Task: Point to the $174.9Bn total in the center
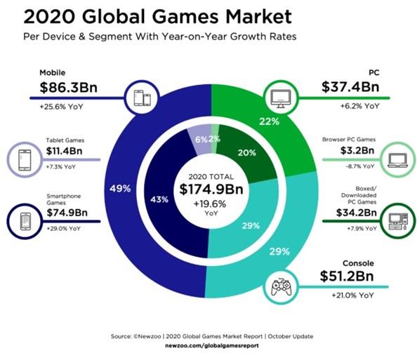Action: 211,190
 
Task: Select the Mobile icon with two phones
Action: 140,95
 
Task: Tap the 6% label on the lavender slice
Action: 200,140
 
